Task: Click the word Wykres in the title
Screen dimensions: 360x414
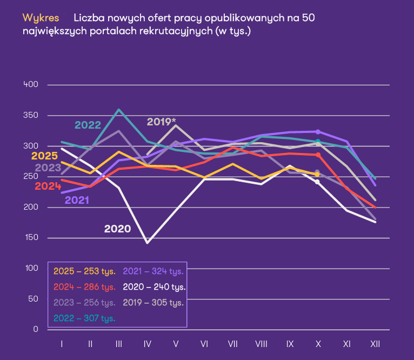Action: pyautogui.click(x=41, y=18)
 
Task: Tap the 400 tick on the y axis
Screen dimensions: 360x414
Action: pyautogui.click(x=31, y=85)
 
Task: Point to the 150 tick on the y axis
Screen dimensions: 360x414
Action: pyautogui.click(x=31, y=238)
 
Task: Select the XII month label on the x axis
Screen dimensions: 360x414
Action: pyautogui.click(x=375, y=343)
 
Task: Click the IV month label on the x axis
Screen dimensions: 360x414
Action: pyautogui.click(x=147, y=343)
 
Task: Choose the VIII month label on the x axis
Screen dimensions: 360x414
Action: pyautogui.click(x=261, y=343)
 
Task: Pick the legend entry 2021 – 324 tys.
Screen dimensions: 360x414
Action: pyautogui.click(x=153, y=271)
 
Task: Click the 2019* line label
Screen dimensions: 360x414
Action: pyautogui.click(x=162, y=122)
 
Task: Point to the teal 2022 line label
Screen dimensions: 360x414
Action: pyautogui.click(x=88, y=125)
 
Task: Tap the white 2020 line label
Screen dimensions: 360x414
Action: pyautogui.click(x=117, y=229)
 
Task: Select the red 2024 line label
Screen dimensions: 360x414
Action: pyautogui.click(x=48, y=186)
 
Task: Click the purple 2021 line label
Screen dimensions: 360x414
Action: pyautogui.click(x=77, y=201)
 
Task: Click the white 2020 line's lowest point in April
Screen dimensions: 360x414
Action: pyautogui.click(x=147, y=243)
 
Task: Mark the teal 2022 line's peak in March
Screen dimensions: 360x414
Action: pyautogui.click(x=119, y=110)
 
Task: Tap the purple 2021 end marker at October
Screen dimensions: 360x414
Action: pyautogui.click(x=318, y=131)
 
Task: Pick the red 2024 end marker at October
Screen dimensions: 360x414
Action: pyautogui.click(x=318, y=155)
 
